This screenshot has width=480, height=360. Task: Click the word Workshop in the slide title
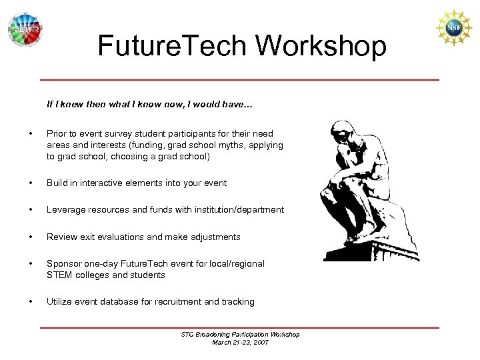click(x=321, y=46)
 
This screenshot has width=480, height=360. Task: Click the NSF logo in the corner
click(x=453, y=28)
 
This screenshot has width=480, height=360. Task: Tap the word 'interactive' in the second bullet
click(x=105, y=183)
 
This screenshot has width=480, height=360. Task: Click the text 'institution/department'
click(x=239, y=209)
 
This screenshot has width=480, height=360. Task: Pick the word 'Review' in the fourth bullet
click(x=61, y=237)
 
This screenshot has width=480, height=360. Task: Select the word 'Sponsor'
click(x=63, y=263)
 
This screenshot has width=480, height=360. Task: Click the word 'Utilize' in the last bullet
click(x=59, y=301)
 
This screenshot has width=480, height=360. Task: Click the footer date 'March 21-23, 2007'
click(x=240, y=342)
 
